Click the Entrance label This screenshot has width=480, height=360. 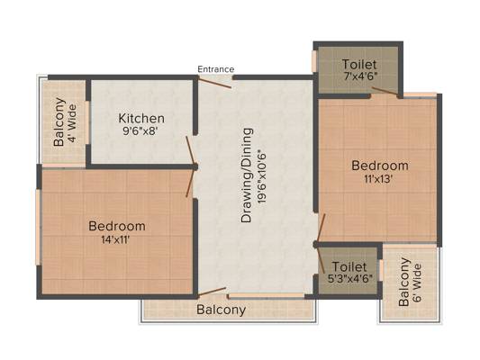pyautogui.click(x=216, y=69)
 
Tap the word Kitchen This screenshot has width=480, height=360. pyautogui.click(x=141, y=119)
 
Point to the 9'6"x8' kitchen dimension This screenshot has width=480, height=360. pyautogui.click(x=140, y=131)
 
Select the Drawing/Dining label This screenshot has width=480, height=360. pyautogui.click(x=247, y=175)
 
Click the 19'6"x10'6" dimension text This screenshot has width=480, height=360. pyautogui.click(x=262, y=176)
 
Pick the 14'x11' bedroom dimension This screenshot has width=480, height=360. pyautogui.click(x=115, y=239)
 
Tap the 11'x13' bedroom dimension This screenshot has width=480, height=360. pyautogui.click(x=378, y=179)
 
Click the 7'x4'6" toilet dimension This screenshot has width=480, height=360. pyautogui.click(x=358, y=76)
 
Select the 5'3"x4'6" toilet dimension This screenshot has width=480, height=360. pyautogui.click(x=349, y=279)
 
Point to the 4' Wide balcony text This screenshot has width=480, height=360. pyautogui.click(x=73, y=123)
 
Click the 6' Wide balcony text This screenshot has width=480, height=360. pyautogui.click(x=417, y=283)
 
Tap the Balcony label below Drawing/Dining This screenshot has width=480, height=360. pyautogui.click(x=221, y=310)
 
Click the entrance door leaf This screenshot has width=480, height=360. pyautogui.click(x=214, y=83)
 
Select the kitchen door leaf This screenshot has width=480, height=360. pyautogui.click(x=190, y=150)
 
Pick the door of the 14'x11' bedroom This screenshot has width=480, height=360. pyautogui.click(x=190, y=183)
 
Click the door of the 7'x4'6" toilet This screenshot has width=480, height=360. pyautogui.click(x=386, y=91)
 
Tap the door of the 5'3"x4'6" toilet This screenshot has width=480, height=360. pyautogui.click(x=321, y=260)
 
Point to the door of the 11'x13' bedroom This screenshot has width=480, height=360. pyautogui.click(x=321, y=228)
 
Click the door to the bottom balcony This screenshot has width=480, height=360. pyautogui.click(x=213, y=292)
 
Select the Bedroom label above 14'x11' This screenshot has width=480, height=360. pyautogui.click(x=117, y=226)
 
